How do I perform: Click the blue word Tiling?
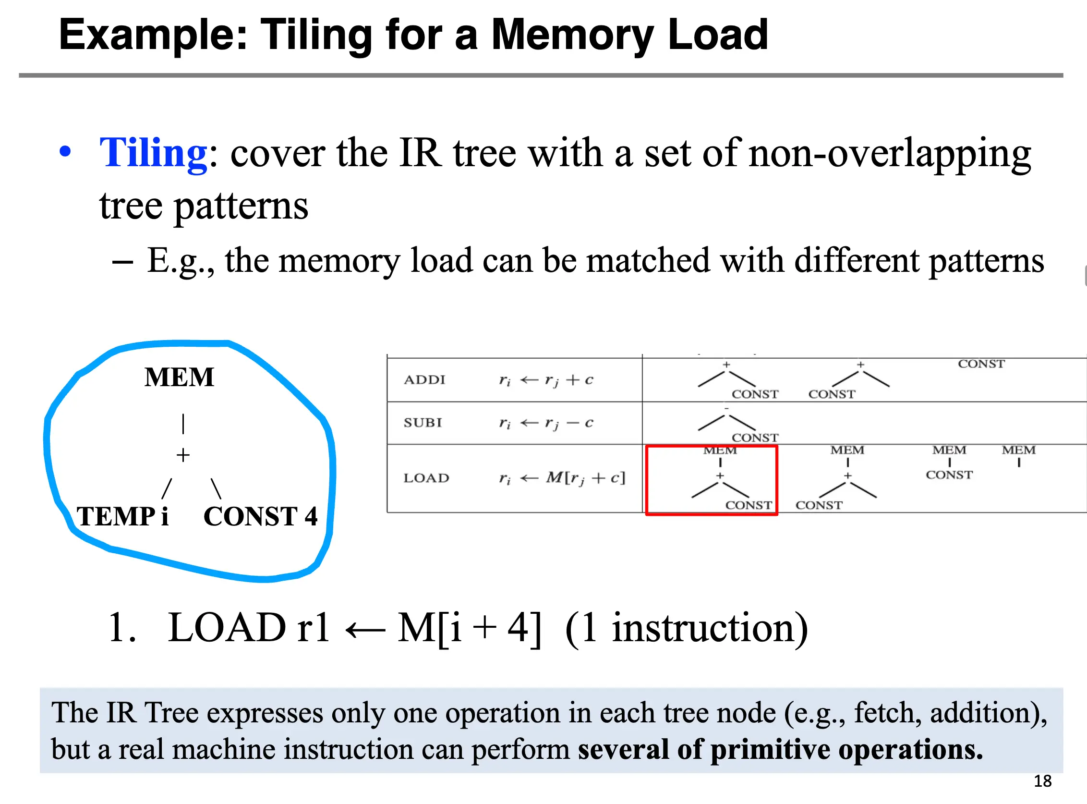click(154, 153)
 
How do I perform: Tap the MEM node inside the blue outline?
click(179, 377)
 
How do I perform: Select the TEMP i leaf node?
click(122, 516)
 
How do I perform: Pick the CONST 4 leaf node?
click(260, 516)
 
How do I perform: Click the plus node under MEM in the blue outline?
click(183, 455)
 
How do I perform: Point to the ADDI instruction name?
click(424, 379)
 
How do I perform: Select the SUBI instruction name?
click(423, 423)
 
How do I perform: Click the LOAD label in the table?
click(426, 478)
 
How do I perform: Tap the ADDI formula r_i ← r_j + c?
click(546, 380)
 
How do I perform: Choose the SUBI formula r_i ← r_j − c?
click(546, 423)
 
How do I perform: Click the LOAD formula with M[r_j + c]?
click(562, 478)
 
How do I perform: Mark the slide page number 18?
click(1042, 781)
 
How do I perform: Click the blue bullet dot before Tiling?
click(65, 151)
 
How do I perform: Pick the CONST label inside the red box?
click(749, 505)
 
